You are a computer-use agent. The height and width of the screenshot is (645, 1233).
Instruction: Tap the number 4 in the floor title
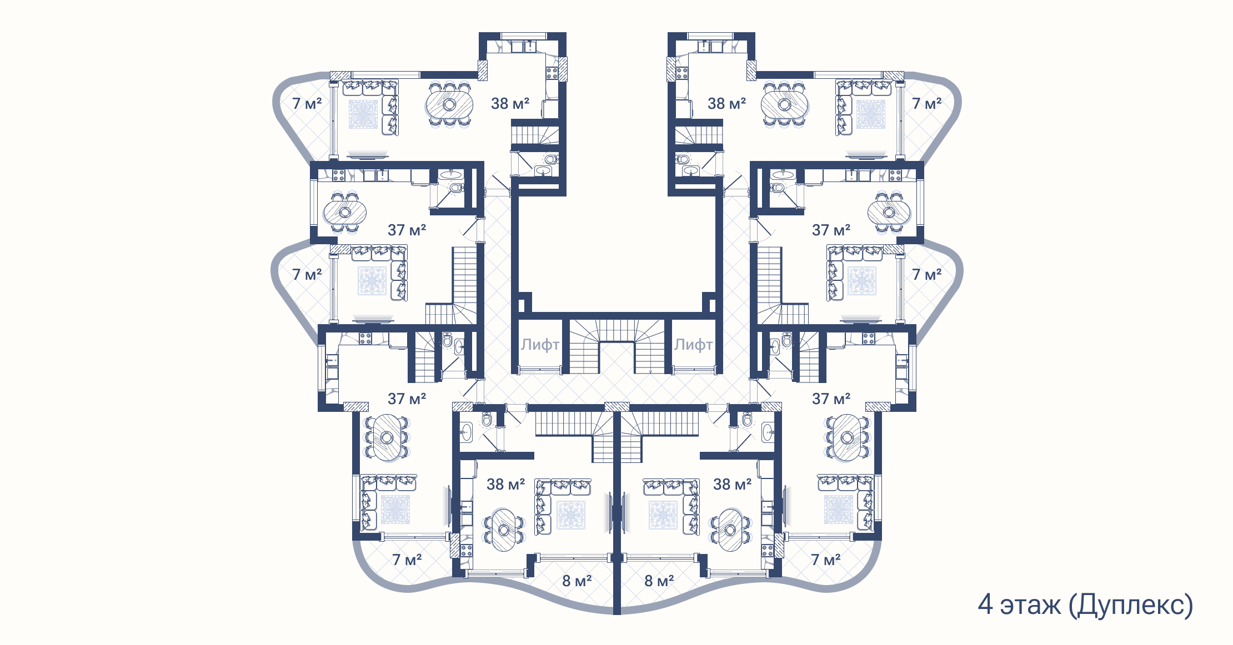[985, 604]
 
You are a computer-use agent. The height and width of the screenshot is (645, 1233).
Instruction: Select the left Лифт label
[540, 345]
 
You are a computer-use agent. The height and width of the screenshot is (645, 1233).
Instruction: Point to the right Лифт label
[693, 345]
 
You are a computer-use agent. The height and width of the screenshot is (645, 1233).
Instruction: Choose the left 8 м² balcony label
[577, 581]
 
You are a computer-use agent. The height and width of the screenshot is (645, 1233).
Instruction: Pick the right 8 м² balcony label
[659, 581]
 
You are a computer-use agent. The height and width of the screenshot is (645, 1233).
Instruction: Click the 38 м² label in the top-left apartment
[510, 103]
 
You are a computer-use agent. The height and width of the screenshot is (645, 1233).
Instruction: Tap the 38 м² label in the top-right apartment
[726, 103]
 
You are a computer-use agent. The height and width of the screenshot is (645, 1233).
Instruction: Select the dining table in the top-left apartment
[449, 104]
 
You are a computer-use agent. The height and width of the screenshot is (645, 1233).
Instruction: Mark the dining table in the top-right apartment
[784, 104]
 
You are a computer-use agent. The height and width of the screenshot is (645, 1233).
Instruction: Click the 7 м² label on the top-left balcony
[307, 103]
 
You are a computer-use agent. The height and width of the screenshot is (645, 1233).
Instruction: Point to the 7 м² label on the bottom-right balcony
[825, 560]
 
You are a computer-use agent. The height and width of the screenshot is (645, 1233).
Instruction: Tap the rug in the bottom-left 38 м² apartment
[571, 515]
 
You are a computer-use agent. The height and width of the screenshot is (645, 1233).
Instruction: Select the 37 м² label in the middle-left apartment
[407, 230]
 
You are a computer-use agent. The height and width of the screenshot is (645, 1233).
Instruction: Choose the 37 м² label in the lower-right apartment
[831, 399]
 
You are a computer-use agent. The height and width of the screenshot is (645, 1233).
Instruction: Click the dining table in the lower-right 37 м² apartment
[847, 438]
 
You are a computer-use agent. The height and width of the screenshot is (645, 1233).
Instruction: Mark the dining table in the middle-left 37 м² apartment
[345, 212]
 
